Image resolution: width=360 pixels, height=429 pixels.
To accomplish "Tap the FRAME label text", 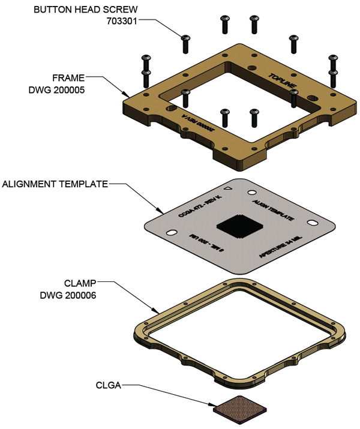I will tap(67, 77).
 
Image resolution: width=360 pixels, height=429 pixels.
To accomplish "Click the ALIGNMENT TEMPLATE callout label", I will tap(56, 184).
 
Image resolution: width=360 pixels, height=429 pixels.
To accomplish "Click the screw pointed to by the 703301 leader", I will tap(185, 43).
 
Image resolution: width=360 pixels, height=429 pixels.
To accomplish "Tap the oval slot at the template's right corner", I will tap(313, 222).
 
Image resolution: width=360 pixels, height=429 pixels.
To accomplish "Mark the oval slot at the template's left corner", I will tap(171, 232).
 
